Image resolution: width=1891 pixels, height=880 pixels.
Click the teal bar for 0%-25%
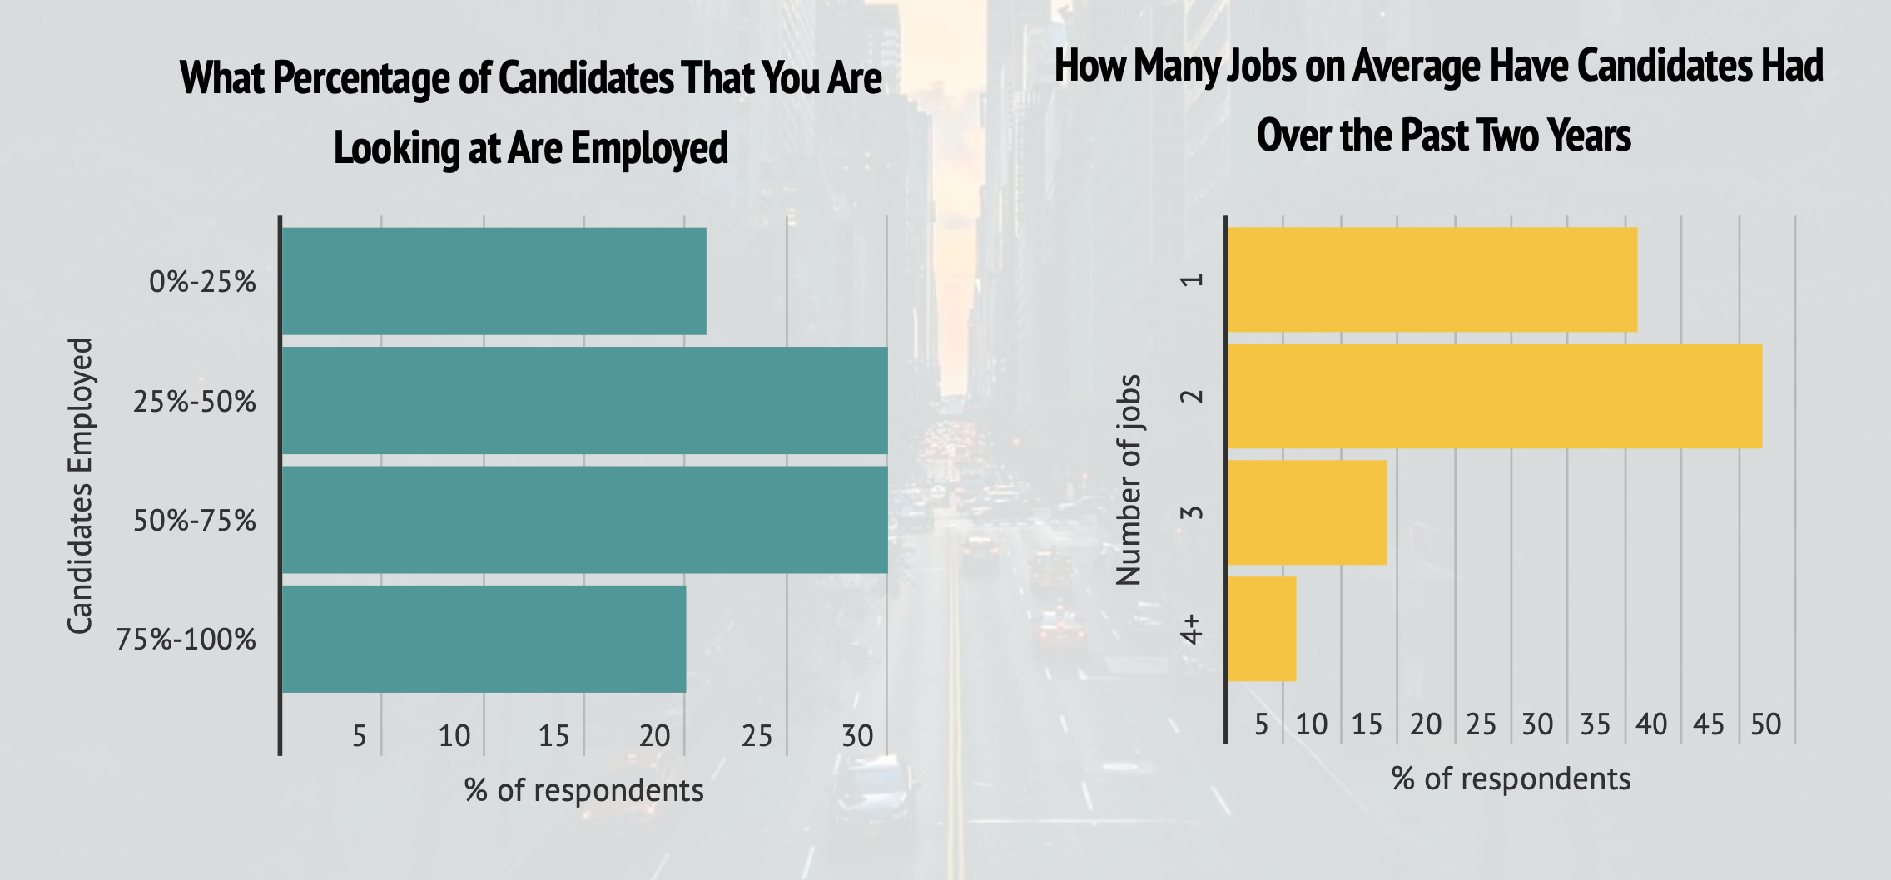point(494,281)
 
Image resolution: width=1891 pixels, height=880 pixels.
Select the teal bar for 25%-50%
point(584,400)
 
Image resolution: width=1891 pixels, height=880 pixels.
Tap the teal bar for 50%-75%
point(584,520)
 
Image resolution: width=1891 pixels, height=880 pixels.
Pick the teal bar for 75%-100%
point(484,639)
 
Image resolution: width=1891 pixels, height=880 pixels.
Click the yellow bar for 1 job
point(1432,279)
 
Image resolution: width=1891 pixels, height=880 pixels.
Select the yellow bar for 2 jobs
point(1495,396)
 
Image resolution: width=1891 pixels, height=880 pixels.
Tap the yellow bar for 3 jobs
point(1308,512)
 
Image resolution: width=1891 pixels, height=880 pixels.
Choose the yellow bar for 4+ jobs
point(1262,629)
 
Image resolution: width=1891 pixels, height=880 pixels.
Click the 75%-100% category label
point(186,640)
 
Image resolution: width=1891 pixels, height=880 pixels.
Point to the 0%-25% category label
point(202,283)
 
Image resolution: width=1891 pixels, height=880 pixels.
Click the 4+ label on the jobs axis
point(1192,630)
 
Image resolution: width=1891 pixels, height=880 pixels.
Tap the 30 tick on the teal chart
point(857,736)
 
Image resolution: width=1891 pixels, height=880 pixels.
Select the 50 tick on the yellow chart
point(1765,724)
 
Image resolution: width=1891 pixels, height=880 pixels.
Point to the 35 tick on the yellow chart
point(1595,724)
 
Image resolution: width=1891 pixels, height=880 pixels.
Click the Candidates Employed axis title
point(80,486)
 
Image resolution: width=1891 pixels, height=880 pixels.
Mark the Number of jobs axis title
point(1129,480)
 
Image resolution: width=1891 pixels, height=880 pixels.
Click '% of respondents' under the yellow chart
point(1511,779)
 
